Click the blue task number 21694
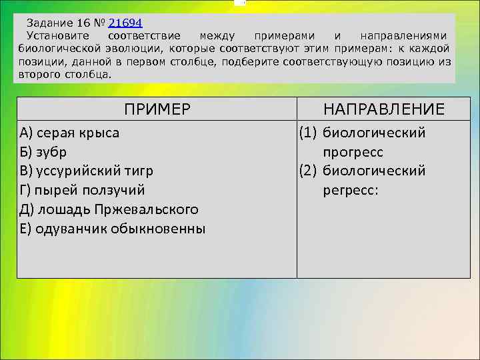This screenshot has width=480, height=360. pyautogui.click(x=125, y=22)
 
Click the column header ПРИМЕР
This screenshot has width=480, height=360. pyautogui.click(x=157, y=109)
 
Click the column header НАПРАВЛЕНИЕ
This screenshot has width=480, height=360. pyautogui.click(x=384, y=109)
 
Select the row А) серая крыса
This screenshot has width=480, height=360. pyautogui.click(x=70, y=133)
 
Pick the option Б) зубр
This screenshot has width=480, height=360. pyautogui.click(x=43, y=152)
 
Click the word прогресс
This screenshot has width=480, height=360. pyautogui.click(x=353, y=152)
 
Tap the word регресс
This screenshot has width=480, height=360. pyautogui.click(x=351, y=191)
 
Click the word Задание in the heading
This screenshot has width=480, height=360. pyautogui.click(x=47, y=22)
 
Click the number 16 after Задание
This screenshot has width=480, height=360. pyautogui.click(x=83, y=22)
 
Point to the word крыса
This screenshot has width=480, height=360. pyautogui.click(x=99, y=133)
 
